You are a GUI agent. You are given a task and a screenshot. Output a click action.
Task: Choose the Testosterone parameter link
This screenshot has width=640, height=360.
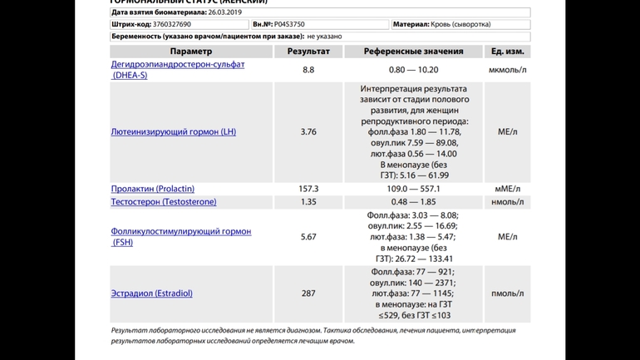(163, 202)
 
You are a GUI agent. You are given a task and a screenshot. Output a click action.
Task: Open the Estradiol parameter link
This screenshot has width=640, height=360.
(151, 293)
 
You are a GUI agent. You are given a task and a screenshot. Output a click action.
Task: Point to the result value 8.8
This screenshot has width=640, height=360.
(308, 70)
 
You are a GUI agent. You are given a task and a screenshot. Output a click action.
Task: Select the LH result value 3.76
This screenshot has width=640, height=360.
(308, 131)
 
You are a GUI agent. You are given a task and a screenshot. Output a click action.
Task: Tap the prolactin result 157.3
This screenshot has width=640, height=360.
(308, 189)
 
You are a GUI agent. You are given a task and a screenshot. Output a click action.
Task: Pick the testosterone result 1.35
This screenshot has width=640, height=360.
(308, 202)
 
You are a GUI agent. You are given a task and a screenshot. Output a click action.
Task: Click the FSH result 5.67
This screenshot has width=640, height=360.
(308, 237)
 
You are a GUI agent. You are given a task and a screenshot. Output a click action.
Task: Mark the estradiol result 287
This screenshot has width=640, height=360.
(308, 293)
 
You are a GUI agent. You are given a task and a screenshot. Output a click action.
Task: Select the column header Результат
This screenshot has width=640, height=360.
(308, 52)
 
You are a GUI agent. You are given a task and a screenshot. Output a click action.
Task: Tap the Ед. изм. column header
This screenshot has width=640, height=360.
(507, 52)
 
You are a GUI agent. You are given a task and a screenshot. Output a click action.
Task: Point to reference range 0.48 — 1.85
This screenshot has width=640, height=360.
(413, 202)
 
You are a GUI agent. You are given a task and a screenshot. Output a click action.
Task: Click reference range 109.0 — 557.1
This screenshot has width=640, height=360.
(413, 189)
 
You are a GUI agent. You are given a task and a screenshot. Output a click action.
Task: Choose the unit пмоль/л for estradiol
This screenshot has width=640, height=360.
(507, 293)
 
